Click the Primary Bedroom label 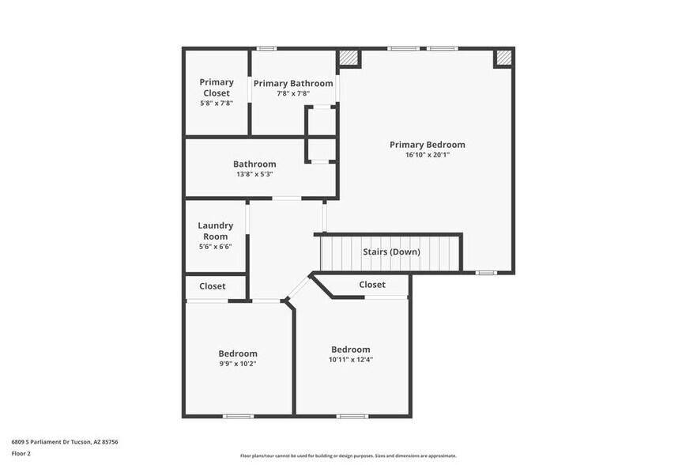click(427, 145)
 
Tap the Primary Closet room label click(216, 87)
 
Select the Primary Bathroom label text click(293, 83)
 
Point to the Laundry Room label click(215, 231)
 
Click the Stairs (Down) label click(391, 252)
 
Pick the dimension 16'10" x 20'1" click(427, 155)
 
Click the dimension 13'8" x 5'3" click(254, 174)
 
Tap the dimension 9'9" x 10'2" click(238, 364)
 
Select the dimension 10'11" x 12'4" click(350, 360)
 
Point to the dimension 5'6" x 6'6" click(215, 247)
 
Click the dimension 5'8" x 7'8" click(216, 103)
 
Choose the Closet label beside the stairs click(372, 285)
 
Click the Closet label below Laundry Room click(212, 286)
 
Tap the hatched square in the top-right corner click(503, 58)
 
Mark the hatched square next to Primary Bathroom click(348, 58)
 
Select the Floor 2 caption click(21, 453)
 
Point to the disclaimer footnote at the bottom click(348, 456)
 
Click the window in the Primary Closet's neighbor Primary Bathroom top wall click(266, 49)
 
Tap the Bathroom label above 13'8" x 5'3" click(254, 164)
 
